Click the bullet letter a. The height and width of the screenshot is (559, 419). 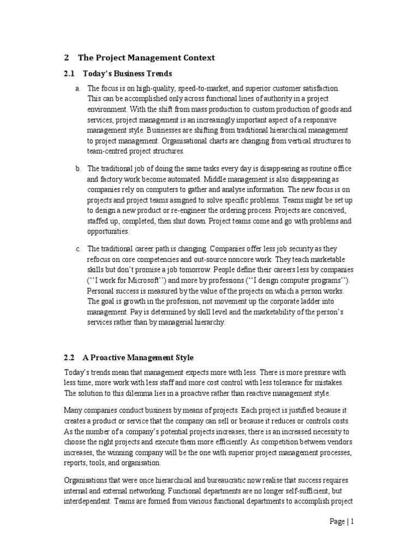pos(78,88)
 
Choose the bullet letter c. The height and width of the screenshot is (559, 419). pos(78,249)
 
